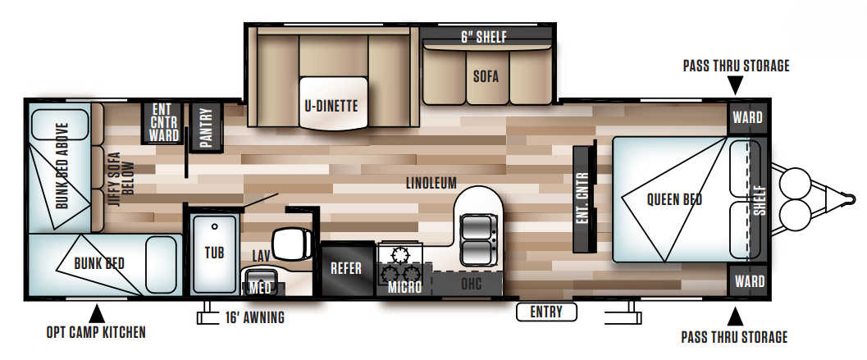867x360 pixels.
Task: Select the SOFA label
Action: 486,77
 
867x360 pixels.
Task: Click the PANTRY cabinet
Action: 206,125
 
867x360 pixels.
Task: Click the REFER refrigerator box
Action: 346,268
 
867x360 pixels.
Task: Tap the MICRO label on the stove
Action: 405,287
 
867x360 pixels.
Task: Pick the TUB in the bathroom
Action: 214,253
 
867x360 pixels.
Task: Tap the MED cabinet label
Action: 261,287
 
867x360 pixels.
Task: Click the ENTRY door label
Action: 546,312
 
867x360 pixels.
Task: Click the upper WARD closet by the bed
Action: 747,117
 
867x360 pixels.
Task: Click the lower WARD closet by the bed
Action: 747,281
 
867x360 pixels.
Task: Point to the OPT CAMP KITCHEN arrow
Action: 96,312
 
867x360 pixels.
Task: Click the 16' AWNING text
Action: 254,317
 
